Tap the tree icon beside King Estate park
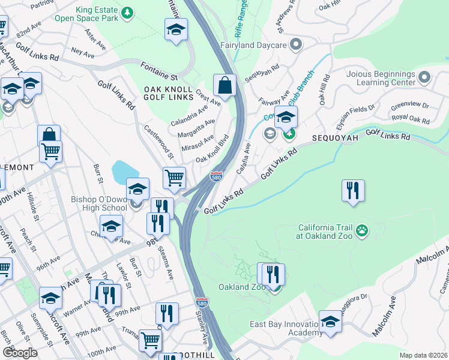click(127, 12)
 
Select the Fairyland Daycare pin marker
click(295, 44)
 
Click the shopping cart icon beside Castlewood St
click(174, 178)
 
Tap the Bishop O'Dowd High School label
click(93, 203)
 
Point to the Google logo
click(20, 353)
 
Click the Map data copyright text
click(423, 355)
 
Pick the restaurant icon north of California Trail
click(353, 191)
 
